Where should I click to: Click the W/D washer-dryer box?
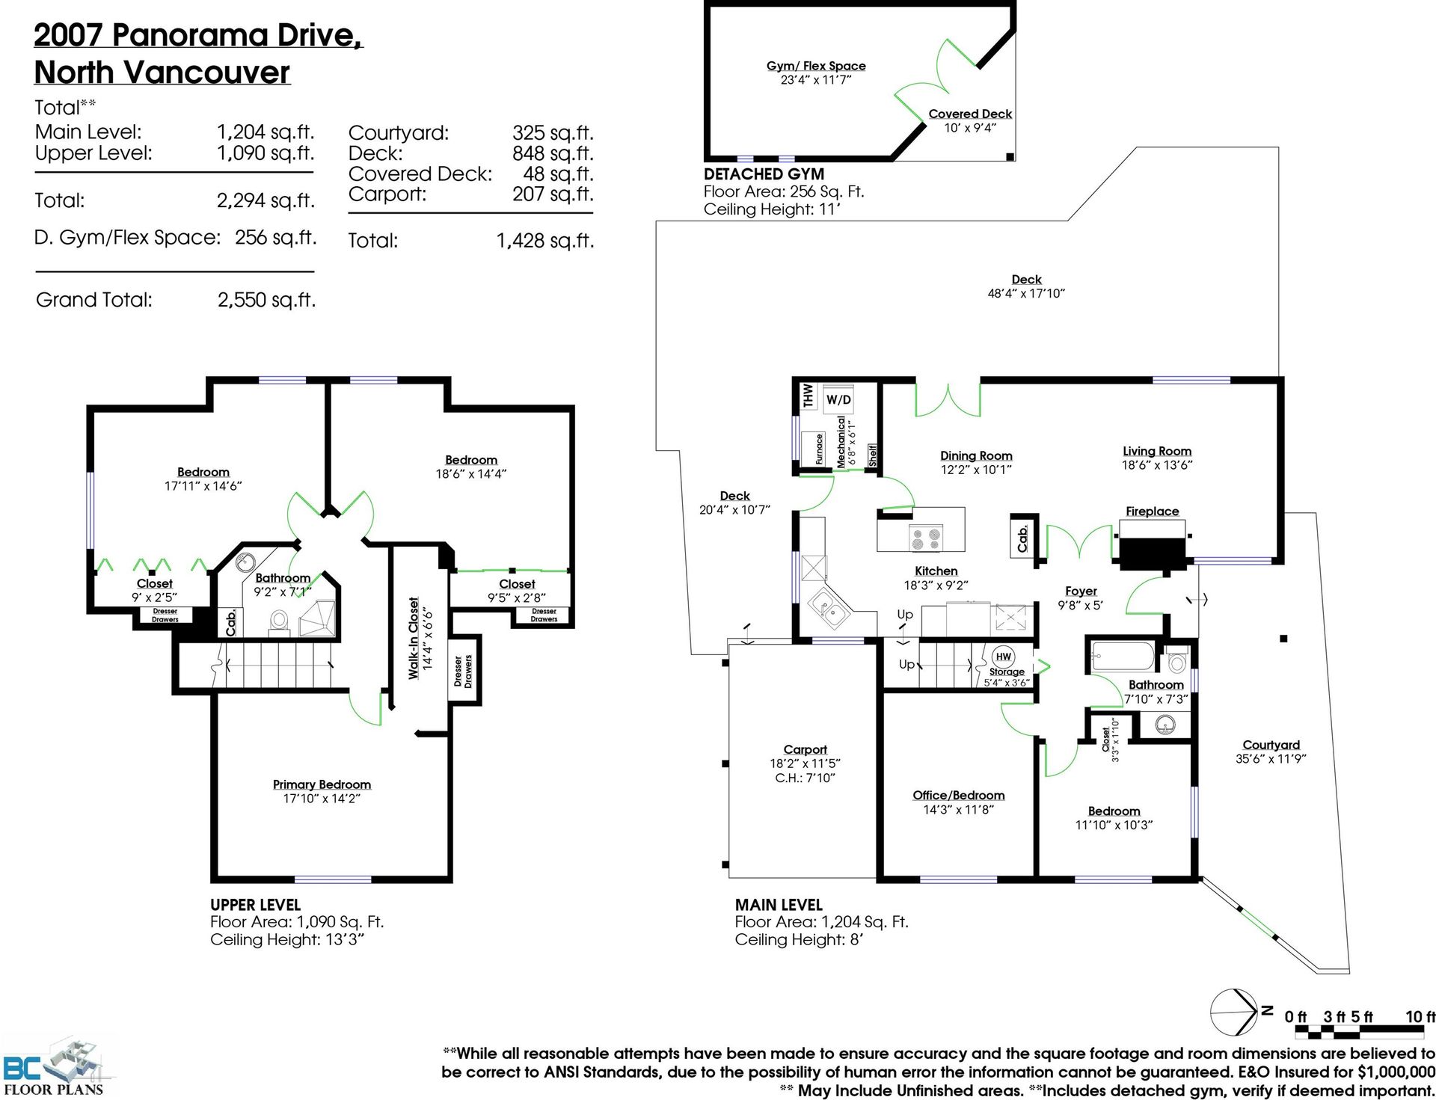tap(838, 399)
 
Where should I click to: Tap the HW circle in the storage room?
tap(1004, 657)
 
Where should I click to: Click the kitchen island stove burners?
tap(925, 538)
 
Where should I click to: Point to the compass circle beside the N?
tap(1233, 1013)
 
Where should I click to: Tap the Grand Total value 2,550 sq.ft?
tap(266, 300)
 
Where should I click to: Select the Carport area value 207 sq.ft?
tap(553, 194)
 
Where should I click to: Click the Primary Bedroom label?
tap(322, 784)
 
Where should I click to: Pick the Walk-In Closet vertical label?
tap(414, 638)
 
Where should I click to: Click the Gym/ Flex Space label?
tap(816, 66)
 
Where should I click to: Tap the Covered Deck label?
tap(970, 114)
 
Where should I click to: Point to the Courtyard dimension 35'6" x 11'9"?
tap(1271, 758)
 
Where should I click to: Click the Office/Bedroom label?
tap(958, 795)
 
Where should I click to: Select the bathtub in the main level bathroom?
tap(1123, 656)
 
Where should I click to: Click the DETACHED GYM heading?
tap(764, 173)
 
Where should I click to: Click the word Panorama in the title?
tap(190, 35)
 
